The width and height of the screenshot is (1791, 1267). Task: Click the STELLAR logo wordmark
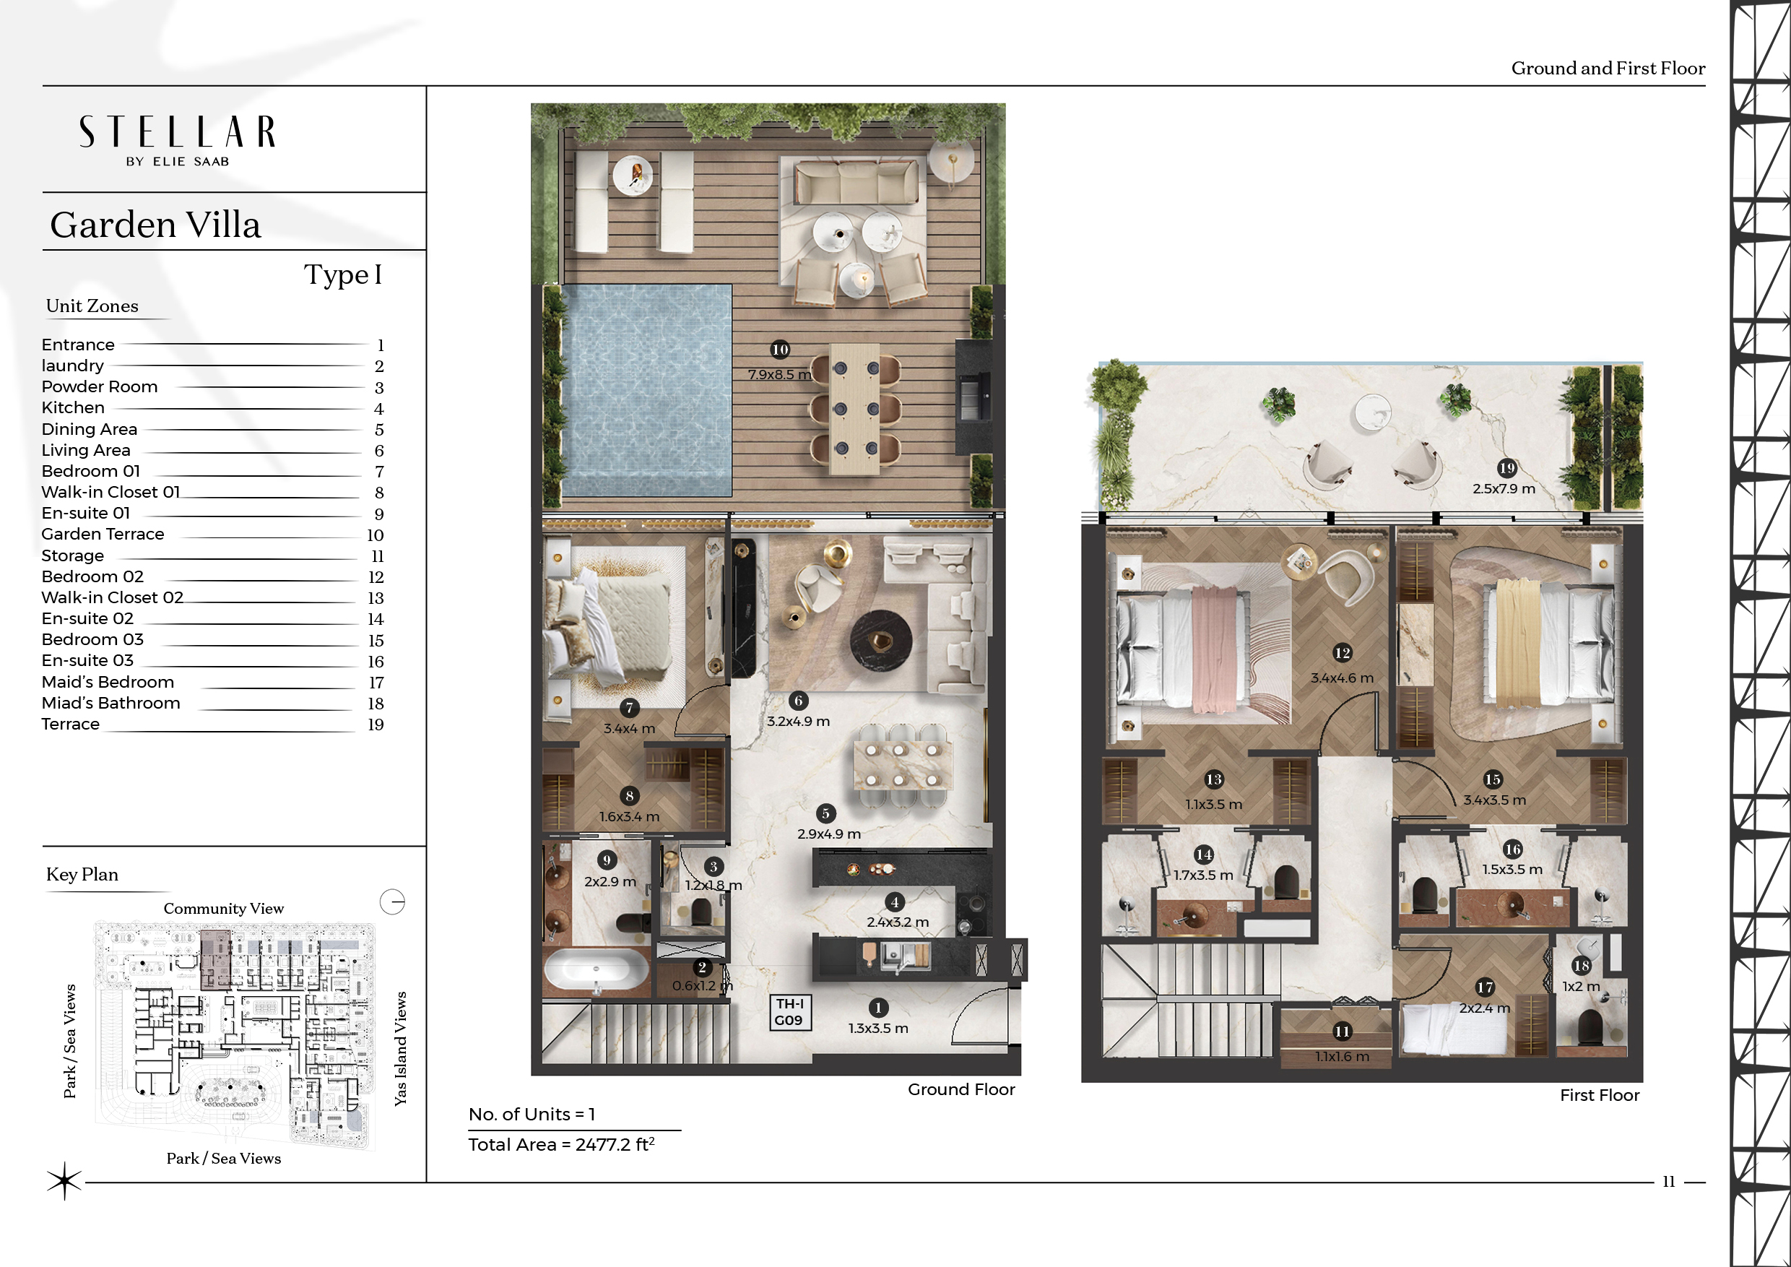pyautogui.click(x=177, y=132)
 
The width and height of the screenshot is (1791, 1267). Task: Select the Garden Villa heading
pyautogui.click(x=155, y=225)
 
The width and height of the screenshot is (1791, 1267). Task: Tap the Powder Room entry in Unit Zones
pyautogui.click(x=99, y=387)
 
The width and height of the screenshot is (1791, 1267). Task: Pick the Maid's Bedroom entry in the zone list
pyautogui.click(x=108, y=682)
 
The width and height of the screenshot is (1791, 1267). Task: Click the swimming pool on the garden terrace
pyautogui.click(x=646, y=390)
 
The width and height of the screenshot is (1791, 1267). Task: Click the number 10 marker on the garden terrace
pyautogui.click(x=779, y=350)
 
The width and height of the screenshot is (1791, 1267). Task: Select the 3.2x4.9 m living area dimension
pyautogui.click(x=798, y=722)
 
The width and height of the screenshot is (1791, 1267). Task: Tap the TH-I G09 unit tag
pyautogui.click(x=789, y=1012)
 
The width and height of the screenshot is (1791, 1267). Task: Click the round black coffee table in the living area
pyautogui.click(x=880, y=640)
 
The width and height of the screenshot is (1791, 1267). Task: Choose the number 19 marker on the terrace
pyautogui.click(x=1507, y=468)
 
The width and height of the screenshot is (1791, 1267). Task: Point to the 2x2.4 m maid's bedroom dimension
pyautogui.click(x=1485, y=1008)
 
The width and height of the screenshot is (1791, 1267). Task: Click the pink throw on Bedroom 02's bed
pyautogui.click(x=1215, y=650)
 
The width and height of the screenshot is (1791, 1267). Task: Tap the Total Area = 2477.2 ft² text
pyautogui.click(x=562, y=1144)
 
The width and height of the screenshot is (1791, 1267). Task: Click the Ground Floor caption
pyautogui.click(x=961, y=1089)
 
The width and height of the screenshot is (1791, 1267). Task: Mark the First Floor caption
pyautogui.click(x=1599, y=1094)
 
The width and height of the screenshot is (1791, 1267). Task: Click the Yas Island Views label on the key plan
pyautogui.click(x=400, y=1049)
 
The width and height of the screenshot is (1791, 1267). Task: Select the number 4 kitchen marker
pyautogui.click(x=895, y=903)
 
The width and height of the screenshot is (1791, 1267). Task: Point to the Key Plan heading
pyautogui.click(x=82, y=875)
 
